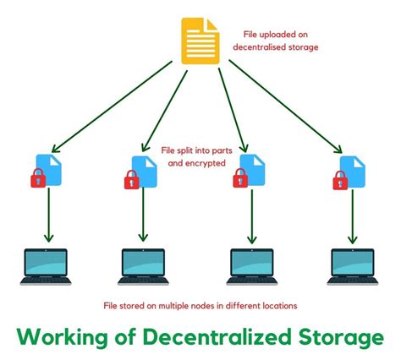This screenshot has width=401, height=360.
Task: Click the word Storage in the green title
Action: pos(335,338)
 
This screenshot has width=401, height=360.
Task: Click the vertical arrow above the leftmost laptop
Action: pos(47,216)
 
